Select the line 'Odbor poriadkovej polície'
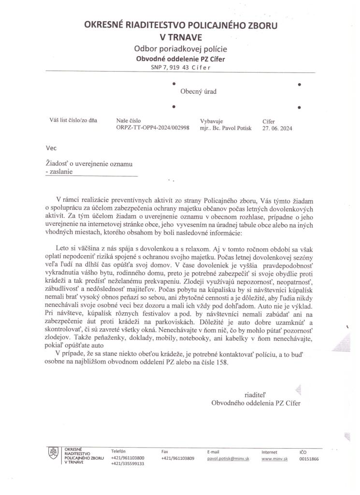tap(181, 49)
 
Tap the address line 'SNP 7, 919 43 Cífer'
tap(181, 67)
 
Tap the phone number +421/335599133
tap(128, 463)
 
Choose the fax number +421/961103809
tap(177, 457)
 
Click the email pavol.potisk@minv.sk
tap(228, 457)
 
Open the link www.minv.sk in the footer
tap(274, 458)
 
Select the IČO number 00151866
tap(309, 458)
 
